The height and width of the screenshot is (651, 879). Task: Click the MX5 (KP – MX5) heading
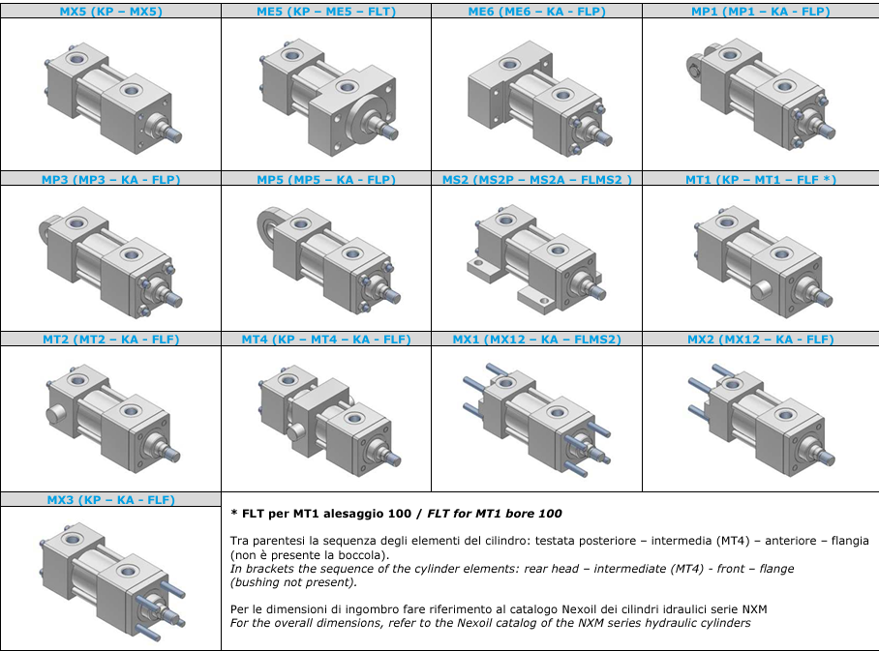(x=111, y=12)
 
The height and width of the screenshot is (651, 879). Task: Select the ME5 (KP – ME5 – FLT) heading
(x=326, y=12)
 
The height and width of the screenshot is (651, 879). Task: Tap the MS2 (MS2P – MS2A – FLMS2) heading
(x=537, y=180)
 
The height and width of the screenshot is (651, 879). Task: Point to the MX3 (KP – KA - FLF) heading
(x=111, y=500)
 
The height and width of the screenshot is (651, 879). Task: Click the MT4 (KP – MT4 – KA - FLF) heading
(x=326, y=340)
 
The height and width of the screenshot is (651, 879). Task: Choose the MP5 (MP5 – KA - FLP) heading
(x=326, y=180)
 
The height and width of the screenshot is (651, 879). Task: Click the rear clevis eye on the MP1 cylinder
(x=694, y=69)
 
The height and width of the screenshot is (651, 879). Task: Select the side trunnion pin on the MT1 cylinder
(x=761, y=290)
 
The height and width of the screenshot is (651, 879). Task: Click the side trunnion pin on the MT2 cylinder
(x=55, y=415)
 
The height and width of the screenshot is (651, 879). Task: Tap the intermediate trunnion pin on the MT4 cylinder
(x=297, y=431)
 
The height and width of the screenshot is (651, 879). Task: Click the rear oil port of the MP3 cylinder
(x=76, y=223)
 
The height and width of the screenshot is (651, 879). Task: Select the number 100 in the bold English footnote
(x=550, y=514)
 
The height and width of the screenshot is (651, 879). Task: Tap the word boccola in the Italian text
(x=366, y=555)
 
